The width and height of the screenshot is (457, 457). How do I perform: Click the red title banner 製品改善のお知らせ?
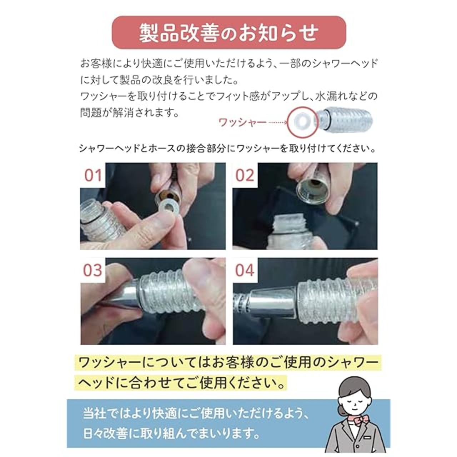pos(229,33)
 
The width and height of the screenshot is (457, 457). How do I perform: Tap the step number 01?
pos(93,176)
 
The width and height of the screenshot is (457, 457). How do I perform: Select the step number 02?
pos(245,176)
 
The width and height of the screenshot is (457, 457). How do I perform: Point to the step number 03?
pos(92,270)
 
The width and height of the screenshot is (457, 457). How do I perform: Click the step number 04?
pos(245,270)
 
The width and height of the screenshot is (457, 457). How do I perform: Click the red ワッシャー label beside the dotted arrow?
pos(242,122)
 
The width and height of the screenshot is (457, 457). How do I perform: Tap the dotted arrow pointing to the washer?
pos(278,122)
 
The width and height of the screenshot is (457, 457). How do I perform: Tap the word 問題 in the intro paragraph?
pos(89,113)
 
